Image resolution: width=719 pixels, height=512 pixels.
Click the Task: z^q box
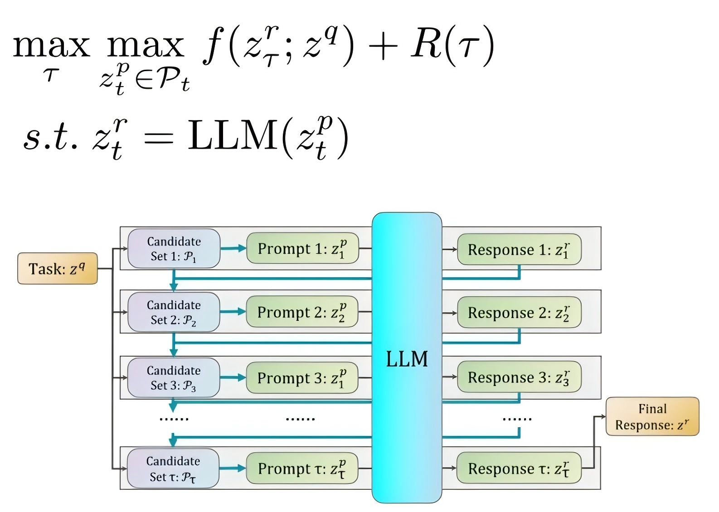point(57,269)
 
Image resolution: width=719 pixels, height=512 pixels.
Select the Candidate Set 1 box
point(174,248)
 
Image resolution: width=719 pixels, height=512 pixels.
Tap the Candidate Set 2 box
point(174,312)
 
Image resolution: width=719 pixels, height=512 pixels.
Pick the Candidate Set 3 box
point(174,378)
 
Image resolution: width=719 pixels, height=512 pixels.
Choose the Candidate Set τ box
point(173,469)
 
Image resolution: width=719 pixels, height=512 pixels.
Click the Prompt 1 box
point(302,248)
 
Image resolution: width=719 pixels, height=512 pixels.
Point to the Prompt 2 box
point(302,312)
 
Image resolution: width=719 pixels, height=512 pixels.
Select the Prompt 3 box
point(302,378)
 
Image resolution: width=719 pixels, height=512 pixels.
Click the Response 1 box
point(519,249)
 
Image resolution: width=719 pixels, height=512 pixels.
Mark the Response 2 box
point(519,313)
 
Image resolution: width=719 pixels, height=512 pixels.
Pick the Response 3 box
point(519,377)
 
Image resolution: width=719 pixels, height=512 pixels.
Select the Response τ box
point(519,469)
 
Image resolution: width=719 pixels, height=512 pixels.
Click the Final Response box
point(652,417)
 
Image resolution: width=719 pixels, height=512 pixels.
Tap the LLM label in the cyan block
point(407,359)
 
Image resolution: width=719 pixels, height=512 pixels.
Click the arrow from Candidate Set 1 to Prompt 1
point(233,248)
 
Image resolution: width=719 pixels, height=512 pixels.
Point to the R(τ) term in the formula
point(452,45)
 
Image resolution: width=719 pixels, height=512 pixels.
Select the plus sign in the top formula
point(383,46)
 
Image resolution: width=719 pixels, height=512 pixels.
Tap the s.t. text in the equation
point(50,136)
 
